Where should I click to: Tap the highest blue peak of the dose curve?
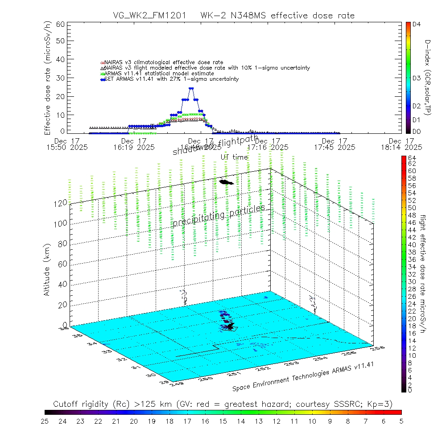(x=191, y=88)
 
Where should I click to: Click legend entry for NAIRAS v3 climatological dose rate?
(x=163, y=62)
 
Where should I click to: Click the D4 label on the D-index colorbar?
(x=417, y=25)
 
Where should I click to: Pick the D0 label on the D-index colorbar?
(x=417, y=131)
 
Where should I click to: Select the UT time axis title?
(x=234, y=157)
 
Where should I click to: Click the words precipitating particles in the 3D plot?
(x=219, y=216)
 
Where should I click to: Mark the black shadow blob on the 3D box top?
(x=227, y=182)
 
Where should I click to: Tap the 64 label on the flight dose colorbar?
(x=412, y=158)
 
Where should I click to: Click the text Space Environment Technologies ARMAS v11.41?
(x=303, y=377)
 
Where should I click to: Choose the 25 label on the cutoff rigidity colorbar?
(x=45, y=421)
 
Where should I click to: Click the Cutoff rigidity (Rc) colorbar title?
(x=223, y=404)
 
